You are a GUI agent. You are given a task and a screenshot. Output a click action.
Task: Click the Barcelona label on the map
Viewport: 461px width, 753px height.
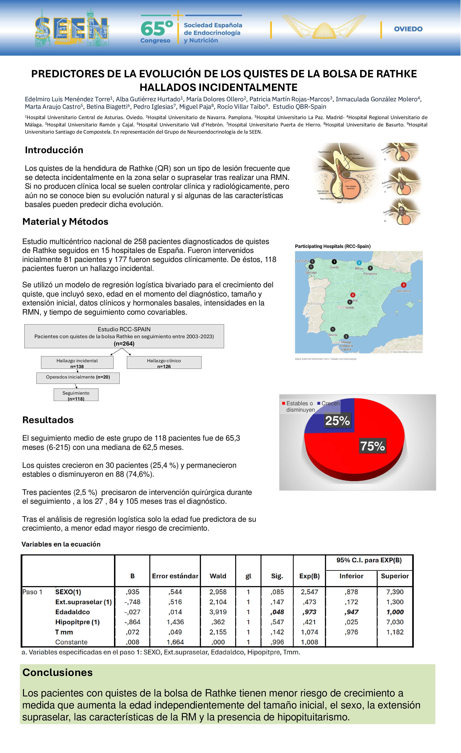point(403,291)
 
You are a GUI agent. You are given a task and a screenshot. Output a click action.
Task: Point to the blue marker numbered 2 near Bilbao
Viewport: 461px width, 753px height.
point(359,263)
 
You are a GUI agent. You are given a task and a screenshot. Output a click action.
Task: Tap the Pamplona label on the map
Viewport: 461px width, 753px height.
point(370,274)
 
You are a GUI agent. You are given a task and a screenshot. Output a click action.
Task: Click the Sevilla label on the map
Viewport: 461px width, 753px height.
point(333,335)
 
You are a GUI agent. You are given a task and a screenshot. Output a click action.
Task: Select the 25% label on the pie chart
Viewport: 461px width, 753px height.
point(337,421)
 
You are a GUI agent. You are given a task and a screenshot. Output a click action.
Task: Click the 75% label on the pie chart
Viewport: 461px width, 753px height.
point(372,446)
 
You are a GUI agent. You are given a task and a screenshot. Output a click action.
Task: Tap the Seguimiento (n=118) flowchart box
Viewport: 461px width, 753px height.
point(76,395)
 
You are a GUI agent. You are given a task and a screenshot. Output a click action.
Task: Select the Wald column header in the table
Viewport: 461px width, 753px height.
point(218,576)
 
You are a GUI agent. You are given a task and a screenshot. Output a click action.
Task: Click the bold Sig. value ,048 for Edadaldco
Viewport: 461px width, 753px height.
point(277,612)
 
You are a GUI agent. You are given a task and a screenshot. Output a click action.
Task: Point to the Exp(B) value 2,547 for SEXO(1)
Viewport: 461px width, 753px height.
point(309,592)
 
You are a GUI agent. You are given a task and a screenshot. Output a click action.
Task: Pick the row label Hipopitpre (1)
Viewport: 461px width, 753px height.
point(77,622)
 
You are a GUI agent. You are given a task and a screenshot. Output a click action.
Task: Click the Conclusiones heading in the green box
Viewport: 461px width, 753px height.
point(58,673)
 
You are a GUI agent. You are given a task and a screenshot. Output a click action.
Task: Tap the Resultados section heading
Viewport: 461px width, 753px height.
point(48,420)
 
